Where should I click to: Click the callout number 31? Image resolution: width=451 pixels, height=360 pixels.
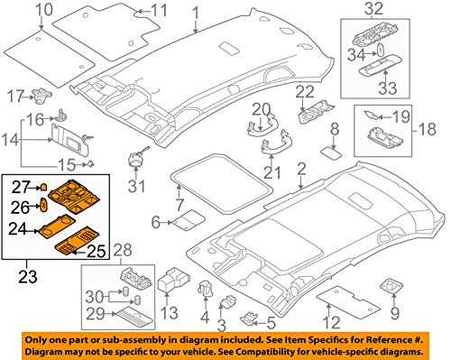(136, 186)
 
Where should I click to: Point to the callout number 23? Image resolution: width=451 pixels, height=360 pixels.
(28, 277)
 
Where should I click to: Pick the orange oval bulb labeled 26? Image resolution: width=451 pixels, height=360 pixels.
(43, 205)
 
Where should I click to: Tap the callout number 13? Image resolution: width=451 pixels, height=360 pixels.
(170, 313)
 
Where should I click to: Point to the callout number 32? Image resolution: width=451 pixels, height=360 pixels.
(374, 9)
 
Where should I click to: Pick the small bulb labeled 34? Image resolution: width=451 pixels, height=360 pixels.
(380, 49)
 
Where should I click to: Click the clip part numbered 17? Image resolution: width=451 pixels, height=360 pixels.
(41, 95)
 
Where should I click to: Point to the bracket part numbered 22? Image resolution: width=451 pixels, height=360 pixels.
(317, 112)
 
